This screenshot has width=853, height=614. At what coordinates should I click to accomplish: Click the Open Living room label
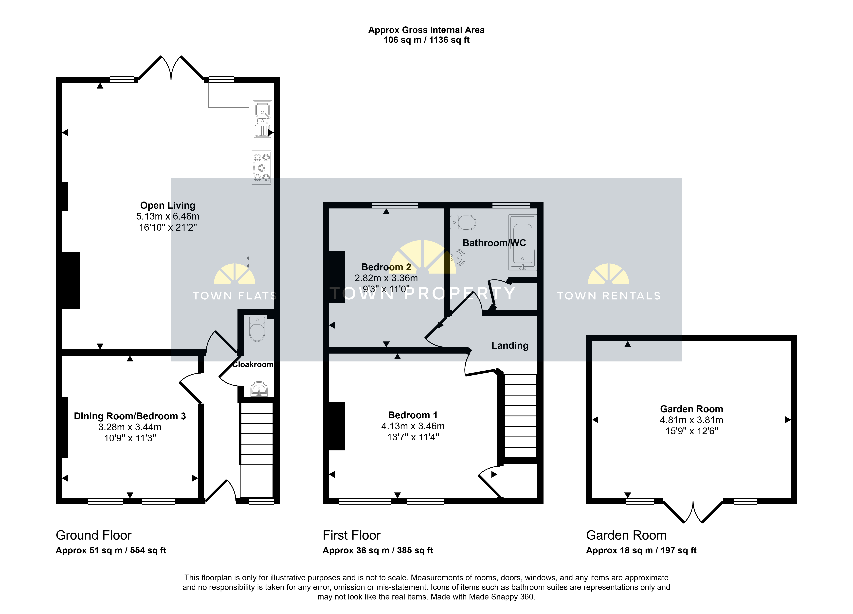(168, 205)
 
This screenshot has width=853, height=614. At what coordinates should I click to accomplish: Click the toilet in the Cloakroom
(257, 329)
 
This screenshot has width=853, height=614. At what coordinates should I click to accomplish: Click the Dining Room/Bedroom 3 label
(130, 416)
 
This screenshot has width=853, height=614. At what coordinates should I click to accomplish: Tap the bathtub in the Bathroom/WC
(522, 242)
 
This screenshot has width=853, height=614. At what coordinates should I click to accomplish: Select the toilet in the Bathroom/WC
(463, 223)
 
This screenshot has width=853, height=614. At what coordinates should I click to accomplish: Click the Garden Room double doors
(693, 511)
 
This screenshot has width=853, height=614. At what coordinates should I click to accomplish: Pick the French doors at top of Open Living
(171, 68)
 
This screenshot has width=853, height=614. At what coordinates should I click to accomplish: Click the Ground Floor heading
(94, 535)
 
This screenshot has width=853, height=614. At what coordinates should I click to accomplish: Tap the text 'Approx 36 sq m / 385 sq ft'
(378, 550)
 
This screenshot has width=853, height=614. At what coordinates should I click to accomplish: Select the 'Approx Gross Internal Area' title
(426, 30)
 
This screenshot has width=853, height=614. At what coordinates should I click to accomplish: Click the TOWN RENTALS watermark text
(609, 296)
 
